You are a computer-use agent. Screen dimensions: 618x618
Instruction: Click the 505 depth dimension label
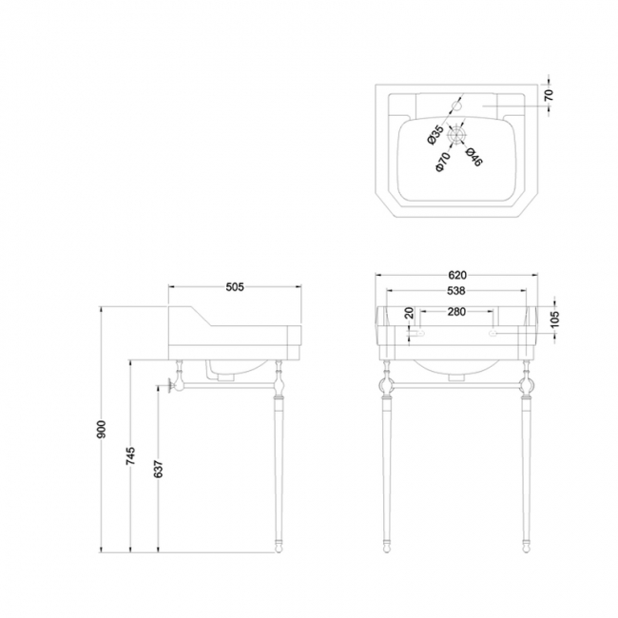click(235, 287)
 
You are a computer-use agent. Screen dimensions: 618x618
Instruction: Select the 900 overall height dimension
click(102, 429)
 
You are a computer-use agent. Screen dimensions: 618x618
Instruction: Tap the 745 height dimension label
click(131, 455)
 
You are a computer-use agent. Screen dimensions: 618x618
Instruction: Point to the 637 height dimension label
click(158, 469)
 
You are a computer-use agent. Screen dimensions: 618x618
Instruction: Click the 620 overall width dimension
click(457, 275)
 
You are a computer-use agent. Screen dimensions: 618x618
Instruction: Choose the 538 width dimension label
click(456, 291)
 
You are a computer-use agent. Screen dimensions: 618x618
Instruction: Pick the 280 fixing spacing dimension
click(456, 311)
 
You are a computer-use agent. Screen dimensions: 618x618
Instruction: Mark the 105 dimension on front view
click(554, 319)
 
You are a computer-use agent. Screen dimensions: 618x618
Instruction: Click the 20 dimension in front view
click(410, 313)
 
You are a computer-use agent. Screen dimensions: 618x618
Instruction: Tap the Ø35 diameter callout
click(435, 134)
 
